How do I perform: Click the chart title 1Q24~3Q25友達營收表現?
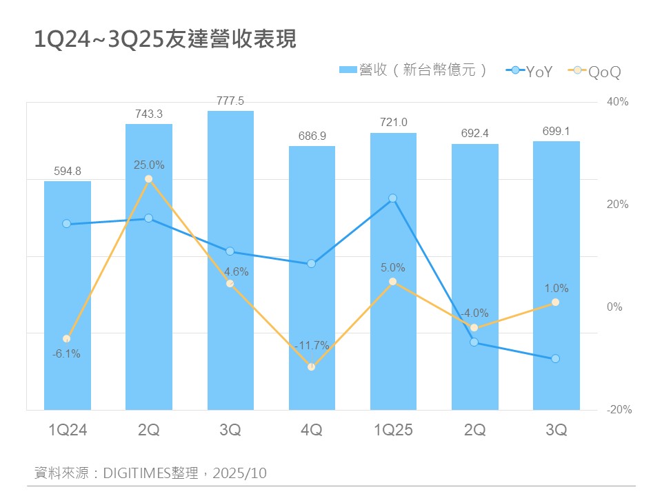point(165,40)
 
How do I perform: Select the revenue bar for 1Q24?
point(68,296)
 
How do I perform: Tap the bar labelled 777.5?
point(230,262)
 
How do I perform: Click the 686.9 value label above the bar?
point(312,136)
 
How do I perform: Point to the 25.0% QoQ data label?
point(149,165)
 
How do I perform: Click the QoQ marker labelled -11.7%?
point(312,367)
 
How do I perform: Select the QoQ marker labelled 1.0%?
point(556,302)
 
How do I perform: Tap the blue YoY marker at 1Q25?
point(393,198)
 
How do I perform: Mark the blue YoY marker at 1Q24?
point(67,224)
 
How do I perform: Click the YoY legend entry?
point(530,71)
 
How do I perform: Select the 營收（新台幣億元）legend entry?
point(414,70)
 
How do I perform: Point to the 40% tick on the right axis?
point(618,102)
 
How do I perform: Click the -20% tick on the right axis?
point(618,410)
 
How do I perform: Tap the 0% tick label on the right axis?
point(614,307)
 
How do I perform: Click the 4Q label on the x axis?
point(312,431)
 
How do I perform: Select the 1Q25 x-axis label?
point(393,431)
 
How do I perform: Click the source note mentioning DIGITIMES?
point(150,473)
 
